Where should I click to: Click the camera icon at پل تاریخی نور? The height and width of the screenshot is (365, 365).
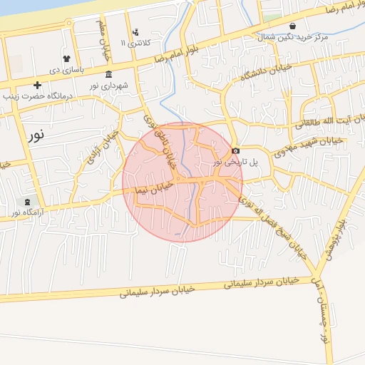236,150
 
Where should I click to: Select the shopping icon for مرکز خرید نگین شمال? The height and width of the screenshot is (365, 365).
292,26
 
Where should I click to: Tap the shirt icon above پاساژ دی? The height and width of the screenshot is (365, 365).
66,59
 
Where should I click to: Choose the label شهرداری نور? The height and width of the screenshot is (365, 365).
109,86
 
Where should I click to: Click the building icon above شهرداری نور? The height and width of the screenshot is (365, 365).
108,74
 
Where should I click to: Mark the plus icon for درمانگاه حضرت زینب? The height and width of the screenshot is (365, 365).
37,85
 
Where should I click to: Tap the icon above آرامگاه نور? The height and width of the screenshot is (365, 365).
28,202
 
